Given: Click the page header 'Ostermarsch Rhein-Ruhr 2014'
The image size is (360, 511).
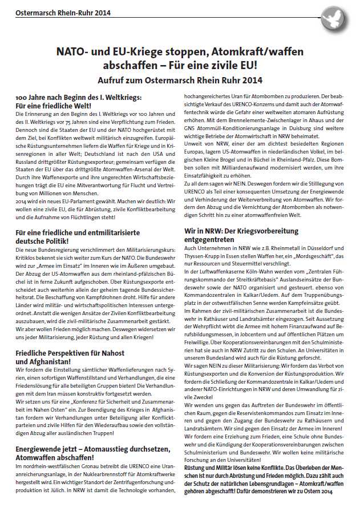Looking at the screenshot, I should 63,12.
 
